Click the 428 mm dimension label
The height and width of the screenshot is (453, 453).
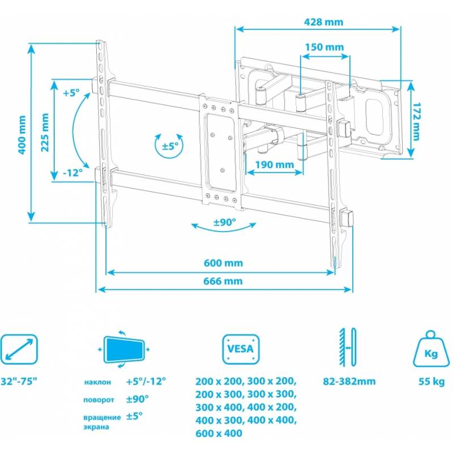[323, 22]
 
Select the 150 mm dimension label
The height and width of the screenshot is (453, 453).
[324, 47]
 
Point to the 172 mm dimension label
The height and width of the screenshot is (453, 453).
[416, 121]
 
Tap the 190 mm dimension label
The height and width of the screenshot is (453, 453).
[275, 165]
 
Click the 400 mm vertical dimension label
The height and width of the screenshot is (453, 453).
[22, 135]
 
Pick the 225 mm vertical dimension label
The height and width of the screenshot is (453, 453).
[45, 133]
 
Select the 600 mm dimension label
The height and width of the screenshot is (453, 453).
[223, 263]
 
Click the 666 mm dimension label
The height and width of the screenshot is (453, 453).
[223, 281]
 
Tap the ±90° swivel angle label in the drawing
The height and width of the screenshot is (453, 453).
[225, 222]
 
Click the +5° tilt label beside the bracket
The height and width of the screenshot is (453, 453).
[71, 93]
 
